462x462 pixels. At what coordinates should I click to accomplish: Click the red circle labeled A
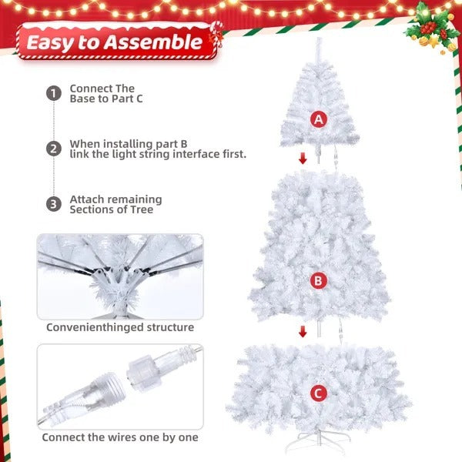[318, 119]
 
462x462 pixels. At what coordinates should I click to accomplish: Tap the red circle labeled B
[318, 281]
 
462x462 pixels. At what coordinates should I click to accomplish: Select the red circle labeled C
[318, 393]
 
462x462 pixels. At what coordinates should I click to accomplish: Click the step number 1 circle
[53, 94]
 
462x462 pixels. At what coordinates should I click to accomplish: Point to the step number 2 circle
[53, 149]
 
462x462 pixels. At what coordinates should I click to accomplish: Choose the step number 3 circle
[53, 204]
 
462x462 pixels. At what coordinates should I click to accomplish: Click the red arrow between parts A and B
[303, 159]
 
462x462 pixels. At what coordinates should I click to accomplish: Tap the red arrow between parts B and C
[303, 331]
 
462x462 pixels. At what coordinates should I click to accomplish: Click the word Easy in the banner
[55, 42]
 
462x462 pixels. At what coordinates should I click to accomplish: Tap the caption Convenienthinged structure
[120, 327]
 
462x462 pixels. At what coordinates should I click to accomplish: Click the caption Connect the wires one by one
[120, 437]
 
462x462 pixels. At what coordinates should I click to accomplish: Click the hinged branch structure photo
[120, 276]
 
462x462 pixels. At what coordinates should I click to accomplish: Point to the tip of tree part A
[318, 40]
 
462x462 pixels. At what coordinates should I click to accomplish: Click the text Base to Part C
[106, 99]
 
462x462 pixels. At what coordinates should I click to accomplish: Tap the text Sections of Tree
[112, 209]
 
